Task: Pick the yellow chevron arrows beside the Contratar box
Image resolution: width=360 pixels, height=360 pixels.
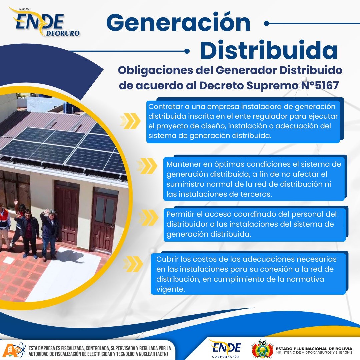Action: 130,121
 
